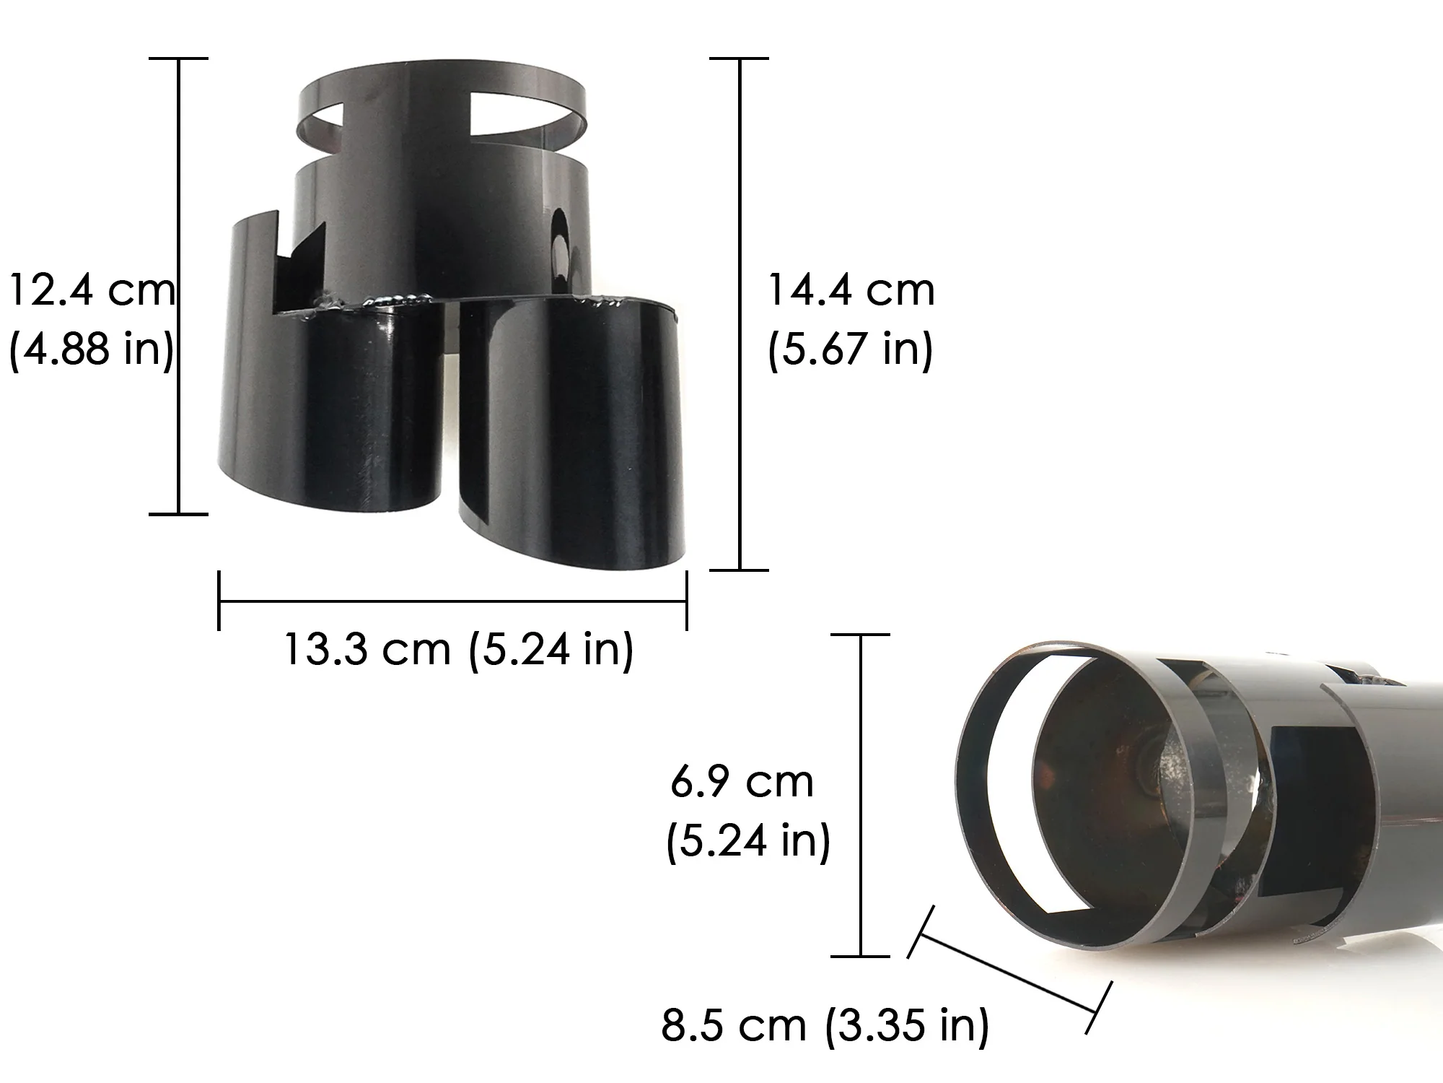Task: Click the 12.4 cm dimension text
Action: coord(92,290)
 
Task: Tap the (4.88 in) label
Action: coord(92,349)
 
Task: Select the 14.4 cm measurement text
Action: coord(851,290)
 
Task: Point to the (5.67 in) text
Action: coord(851,349)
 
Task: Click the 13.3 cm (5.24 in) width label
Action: coord(459,649)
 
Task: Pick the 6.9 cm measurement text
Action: coord(742,781)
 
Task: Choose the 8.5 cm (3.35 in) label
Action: coord(825,1025)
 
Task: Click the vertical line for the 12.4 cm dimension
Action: coord(178,286)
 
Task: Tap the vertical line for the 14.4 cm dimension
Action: coord(740,313)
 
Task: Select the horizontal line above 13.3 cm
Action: coord(452,601)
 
